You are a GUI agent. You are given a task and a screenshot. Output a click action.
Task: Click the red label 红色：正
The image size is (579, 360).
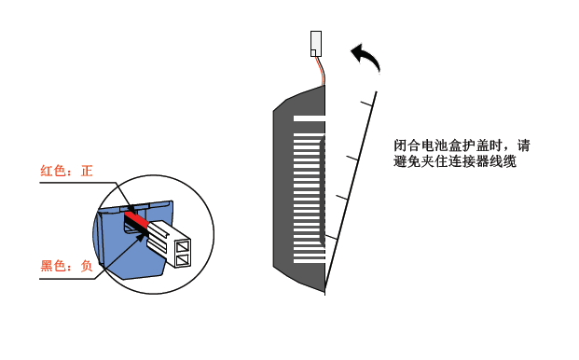coord(66,171)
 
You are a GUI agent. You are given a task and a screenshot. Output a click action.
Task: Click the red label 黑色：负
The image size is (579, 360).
coord(66,266)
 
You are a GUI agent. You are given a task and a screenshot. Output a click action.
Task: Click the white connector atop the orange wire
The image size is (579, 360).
coord(316,44)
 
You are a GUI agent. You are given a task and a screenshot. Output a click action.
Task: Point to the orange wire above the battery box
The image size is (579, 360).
coord(322,71)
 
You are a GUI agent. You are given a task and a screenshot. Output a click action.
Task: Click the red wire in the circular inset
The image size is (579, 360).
coord(136,218)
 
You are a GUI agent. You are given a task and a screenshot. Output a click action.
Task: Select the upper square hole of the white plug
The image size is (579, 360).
coord(183,246)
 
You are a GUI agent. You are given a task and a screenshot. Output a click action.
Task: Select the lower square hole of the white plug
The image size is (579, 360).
coord(183,260)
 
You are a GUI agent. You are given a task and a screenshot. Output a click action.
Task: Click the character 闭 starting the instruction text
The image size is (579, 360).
coord(400,145)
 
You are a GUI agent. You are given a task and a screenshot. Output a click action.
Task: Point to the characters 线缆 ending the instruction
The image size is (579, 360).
coord(503,161)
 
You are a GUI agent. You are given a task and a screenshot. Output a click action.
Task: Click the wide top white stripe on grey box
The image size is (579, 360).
coord(310,118)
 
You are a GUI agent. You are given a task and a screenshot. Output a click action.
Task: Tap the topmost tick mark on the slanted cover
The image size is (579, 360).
coord(366,104)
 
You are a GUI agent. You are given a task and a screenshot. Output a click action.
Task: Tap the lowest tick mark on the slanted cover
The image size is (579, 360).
coord(331,237)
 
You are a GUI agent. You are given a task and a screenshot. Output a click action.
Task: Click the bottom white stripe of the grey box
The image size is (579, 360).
coord(310,261)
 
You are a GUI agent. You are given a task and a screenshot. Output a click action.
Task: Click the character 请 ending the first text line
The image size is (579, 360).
coord(523,145)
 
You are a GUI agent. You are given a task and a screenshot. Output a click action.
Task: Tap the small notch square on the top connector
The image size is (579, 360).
coord(313,53)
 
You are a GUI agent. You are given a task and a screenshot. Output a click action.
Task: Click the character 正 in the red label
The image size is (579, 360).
coord(87,171)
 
